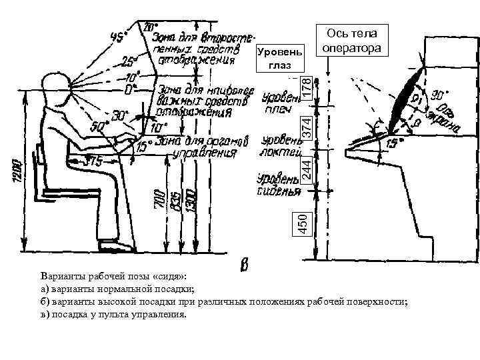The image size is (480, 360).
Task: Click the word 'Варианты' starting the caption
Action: point(61,276)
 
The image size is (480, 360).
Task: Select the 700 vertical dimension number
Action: point(158,197)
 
